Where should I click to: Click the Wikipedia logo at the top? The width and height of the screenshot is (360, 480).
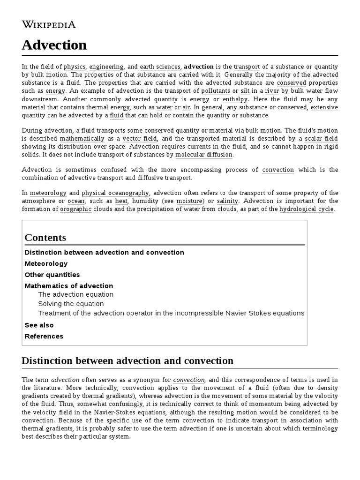49,25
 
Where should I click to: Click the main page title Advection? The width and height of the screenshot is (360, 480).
54,45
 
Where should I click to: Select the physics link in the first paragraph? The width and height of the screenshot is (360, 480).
75,67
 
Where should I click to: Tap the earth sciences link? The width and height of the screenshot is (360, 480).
159,67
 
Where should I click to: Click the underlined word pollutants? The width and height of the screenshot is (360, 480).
216,91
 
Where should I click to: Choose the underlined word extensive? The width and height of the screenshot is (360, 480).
324,107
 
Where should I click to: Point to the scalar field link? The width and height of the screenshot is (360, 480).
321,139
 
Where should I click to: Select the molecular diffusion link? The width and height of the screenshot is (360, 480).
204,155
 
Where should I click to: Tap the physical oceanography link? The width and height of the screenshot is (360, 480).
115,193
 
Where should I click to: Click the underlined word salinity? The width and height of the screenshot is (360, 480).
228,201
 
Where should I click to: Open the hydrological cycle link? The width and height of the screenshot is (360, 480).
307,209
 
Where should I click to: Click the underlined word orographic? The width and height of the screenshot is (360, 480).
76,209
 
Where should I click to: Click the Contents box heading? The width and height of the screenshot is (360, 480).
45,237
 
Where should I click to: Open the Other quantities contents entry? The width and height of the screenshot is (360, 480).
52,275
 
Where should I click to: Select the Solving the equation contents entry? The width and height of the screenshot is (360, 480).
71,304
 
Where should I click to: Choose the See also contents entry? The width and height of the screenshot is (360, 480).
39,325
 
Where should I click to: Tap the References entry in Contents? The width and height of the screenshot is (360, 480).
44,336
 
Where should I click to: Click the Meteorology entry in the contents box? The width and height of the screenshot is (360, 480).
46,263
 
